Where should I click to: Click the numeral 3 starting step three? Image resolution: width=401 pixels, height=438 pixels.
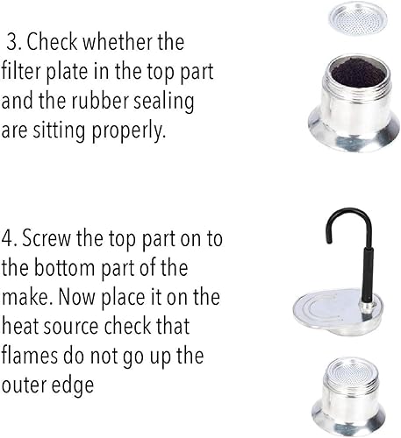13,41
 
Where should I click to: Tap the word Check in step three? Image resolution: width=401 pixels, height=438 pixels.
53,41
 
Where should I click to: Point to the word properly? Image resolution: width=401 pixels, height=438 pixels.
129,131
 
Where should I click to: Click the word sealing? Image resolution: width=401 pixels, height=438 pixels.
164,102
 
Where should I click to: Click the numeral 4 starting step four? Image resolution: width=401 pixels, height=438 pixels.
7,238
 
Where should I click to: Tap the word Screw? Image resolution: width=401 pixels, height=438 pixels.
47,238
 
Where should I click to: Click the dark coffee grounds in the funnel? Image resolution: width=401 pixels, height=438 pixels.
359,74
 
